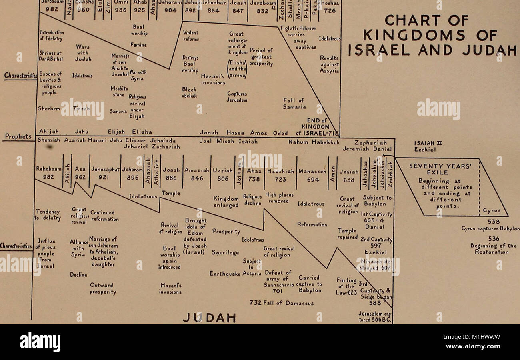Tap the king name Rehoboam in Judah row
48,170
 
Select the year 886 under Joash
171,179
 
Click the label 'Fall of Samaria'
294,104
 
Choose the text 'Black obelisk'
189,92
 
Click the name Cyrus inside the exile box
492,210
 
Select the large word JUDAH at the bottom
209,318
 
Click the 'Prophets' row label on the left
18,137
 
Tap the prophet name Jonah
209,132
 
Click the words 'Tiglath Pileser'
298,28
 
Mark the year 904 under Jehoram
170,11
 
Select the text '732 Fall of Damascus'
282,303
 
